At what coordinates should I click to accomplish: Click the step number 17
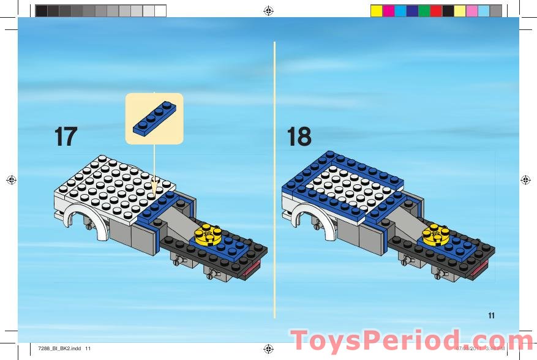pyautogui.click(x=66, y=136)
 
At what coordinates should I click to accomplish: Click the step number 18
pyautogui.click(x=299, y=136)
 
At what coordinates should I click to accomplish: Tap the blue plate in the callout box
pyautogui.click(x=154, y=118)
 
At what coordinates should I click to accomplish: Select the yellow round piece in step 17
pyautogui.click(x=208, y=233)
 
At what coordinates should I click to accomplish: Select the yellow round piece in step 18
pyautogui.click(x=435, y=233)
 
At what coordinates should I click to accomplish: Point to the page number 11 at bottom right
pyautogui.click(x=491, y=316)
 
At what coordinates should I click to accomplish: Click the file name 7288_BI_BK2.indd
pyautogui.click(x=59, y=348)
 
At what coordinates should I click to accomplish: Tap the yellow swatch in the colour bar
pyautogui.click(x=377, y=10)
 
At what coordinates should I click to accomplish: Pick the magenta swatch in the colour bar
pyautogui.click(x=388, y=10)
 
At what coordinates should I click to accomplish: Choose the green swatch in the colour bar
pyautogui.click(x=424, y=10)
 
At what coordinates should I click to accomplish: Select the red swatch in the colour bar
pyautogui.click(x=436, y=10)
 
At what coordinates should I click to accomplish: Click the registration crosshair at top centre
pyautogui.click(x=268, y=10)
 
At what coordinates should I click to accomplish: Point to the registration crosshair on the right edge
pyautogui.click(x=525, y=180)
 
